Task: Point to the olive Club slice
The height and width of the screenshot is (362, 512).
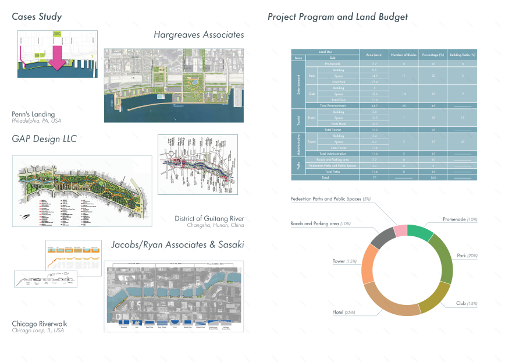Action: (435, 297)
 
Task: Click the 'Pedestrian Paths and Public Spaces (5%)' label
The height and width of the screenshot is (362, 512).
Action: (330, 199)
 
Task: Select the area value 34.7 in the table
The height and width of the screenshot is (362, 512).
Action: (375, 105)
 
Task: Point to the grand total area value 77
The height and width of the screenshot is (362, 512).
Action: (375, 177)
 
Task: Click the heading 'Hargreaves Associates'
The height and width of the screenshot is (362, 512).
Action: (198, 35)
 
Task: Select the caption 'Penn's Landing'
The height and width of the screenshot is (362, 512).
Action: (33, 114)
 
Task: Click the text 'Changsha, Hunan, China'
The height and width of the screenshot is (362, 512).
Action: (215, 225)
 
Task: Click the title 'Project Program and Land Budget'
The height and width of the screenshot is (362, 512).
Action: (337, 17)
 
